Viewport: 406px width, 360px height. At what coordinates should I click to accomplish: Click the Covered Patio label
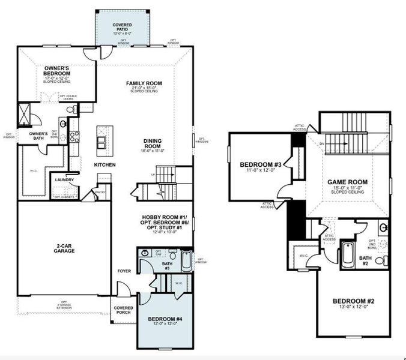point(122,27)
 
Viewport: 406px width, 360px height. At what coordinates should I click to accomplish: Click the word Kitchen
point(105,164)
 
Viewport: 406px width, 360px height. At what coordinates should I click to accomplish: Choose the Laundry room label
point(64,179)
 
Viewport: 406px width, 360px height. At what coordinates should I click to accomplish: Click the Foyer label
point(124,271)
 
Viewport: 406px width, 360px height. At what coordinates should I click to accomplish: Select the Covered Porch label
point(123,310)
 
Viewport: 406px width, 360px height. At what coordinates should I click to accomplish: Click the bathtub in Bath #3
point(186,261)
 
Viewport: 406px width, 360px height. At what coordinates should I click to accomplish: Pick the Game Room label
point(347,182)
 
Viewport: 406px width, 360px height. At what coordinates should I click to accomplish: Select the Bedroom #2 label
point(354,301)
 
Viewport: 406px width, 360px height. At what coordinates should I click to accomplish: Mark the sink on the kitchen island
point(101,142)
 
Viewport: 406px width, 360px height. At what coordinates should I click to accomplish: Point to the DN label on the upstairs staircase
point(322,144)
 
